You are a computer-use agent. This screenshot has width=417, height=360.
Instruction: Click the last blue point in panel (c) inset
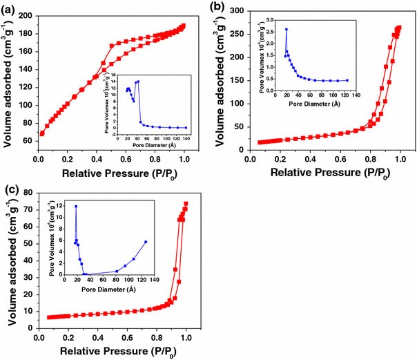(146, 242)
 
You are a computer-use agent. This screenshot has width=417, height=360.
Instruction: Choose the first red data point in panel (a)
(42, 133)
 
